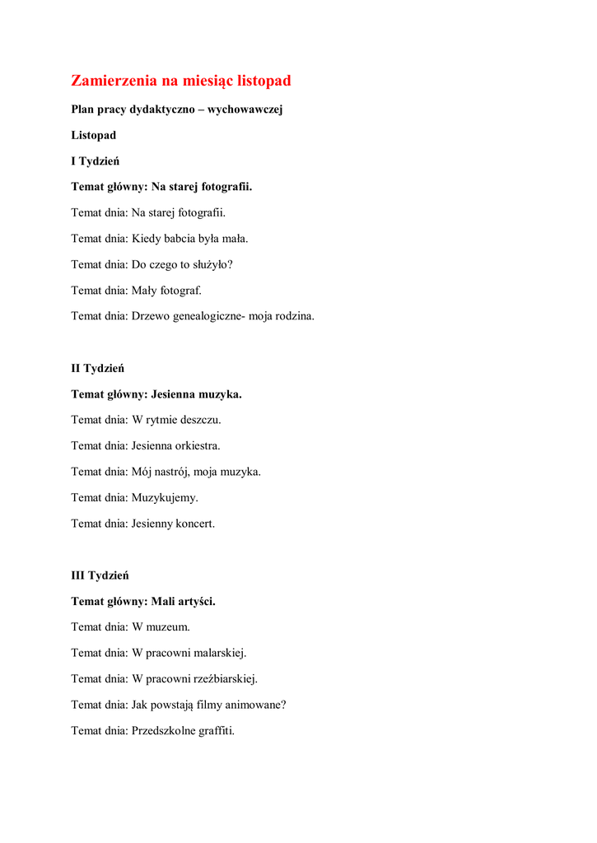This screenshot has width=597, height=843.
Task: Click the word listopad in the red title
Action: (x=264, y=81)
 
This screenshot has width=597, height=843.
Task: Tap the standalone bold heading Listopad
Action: (x=93, y=135)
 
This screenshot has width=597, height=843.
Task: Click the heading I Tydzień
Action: (x=95, y=161)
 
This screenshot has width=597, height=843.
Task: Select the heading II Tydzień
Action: (x=97, y=368)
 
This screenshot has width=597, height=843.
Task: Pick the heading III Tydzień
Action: (x=100, y=575)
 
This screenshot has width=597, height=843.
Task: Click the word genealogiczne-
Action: (x=209, y=316)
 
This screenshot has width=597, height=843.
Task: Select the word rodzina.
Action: (x=294, y=316)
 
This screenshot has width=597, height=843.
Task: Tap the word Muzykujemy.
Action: (x=165, y=498)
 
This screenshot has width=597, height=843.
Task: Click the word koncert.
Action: (x=194, y=524)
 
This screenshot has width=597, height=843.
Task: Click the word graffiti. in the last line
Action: (x=216, y=730)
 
